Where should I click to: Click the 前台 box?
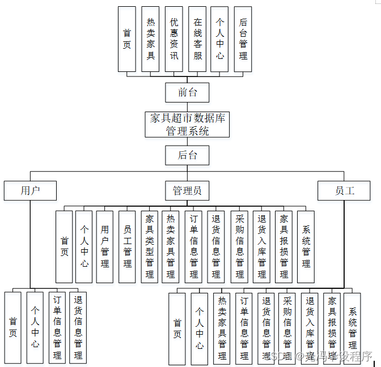[187, 92]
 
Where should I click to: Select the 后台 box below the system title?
[187, 155]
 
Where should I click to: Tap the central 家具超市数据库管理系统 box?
[187, 124]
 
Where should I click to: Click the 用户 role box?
[30, 190]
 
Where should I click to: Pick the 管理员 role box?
[187, 190]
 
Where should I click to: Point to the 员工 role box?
[344, 190]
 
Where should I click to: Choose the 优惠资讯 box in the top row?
[174, 39]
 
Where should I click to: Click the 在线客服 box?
[197, 39]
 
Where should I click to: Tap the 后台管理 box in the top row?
[243, 39]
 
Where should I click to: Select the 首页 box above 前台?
[127, 39]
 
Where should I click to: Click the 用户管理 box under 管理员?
[104, 246]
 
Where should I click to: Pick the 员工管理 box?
[127, 246]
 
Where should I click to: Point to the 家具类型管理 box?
[150, 246]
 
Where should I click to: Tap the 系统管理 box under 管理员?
[306, 246]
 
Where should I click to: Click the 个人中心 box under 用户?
[35, 327]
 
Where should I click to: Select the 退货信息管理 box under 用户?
[78, 327]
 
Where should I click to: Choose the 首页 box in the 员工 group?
[177, 328]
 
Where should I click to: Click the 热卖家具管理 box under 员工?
[222, 328]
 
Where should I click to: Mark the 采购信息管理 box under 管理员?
[239, 246]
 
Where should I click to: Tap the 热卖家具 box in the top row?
[150, 39]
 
